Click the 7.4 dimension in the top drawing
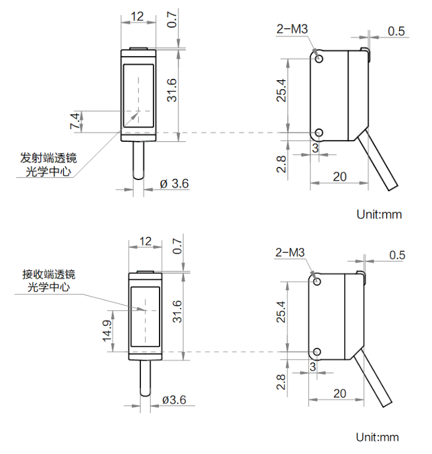75,121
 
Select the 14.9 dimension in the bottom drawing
107,330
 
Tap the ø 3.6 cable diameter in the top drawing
174,184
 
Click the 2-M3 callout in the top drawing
292,29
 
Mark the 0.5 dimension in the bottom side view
397,255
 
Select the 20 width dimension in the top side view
339,176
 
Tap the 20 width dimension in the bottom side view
339,393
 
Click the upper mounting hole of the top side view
319,59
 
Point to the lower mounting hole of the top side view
319,133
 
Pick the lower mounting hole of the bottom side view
317,352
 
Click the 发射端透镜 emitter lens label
48,159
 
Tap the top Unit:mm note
379,214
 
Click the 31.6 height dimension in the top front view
171,90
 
